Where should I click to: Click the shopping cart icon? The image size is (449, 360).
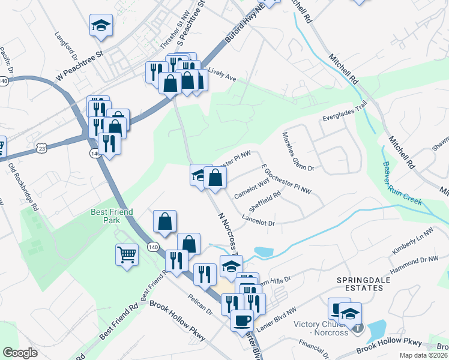(x=127, y=255)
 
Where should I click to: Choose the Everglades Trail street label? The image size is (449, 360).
(x=344, y=113)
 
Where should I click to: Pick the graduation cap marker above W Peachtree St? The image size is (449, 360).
(x=101, y=26)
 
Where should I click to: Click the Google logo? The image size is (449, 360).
(x=20, y=353)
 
